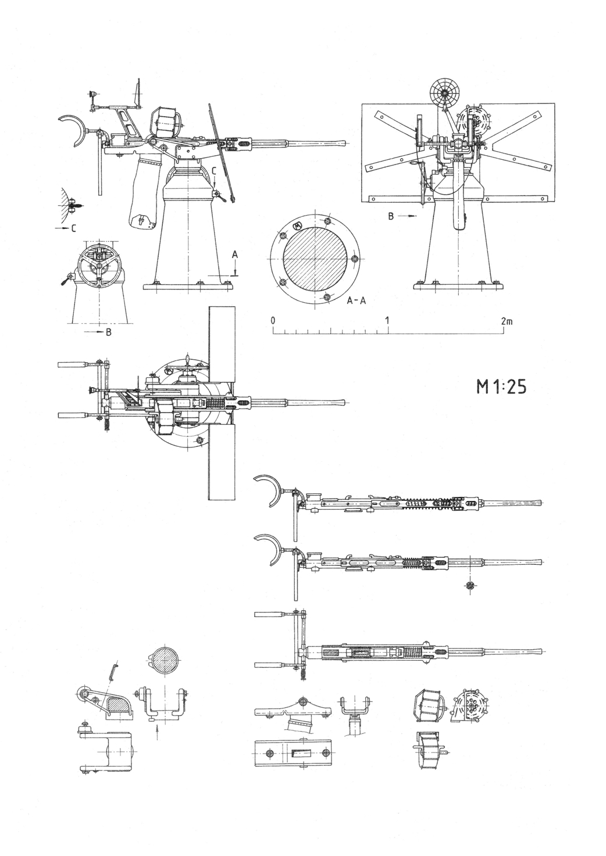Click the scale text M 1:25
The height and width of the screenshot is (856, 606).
tap(501, 387)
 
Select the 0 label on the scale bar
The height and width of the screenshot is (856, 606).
tap(273, 320)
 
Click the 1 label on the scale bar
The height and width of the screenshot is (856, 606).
tap(387, 320)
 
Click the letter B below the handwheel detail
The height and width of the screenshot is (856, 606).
tap(108, 333)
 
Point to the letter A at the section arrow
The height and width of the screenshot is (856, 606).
tap(234, 254)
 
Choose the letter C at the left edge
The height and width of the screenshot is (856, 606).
tap(73, 228)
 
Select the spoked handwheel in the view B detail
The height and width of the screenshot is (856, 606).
tap(100, 266)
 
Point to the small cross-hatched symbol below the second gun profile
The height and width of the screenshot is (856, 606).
tap(470, 585)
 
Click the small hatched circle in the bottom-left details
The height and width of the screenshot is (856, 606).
tap(166, 661)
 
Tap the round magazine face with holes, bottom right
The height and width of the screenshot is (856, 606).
tap(471, 705)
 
